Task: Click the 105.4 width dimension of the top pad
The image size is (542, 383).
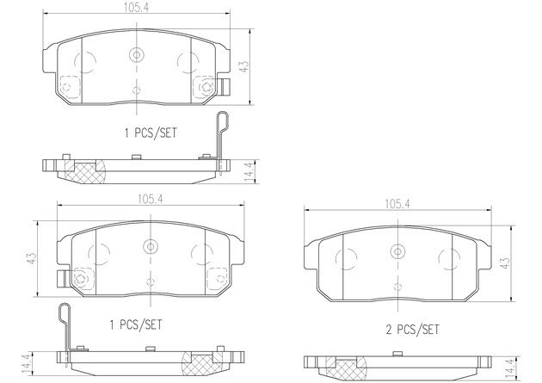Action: tap(136, 9)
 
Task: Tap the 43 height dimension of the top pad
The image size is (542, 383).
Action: tap(244, 67)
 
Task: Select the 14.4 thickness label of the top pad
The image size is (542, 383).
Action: tap(249, 171)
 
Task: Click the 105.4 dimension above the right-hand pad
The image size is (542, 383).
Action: tap(397, 204)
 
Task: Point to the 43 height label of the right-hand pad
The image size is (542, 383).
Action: tap(505, 263)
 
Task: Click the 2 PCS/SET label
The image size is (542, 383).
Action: tap(412, 330)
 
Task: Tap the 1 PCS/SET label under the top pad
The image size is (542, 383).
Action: tap(151, 133)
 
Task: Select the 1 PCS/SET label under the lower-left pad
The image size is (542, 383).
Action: tap(136, 324)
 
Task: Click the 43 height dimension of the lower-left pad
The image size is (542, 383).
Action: tap(32, 258)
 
